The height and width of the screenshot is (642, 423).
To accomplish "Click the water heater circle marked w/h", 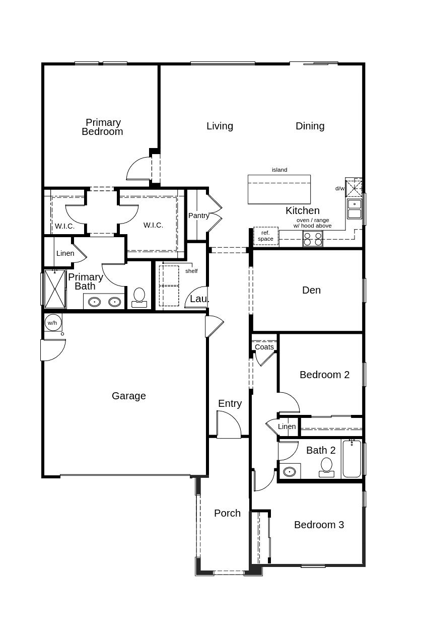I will point(52,323).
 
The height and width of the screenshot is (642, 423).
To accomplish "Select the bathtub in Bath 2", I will point(352,459).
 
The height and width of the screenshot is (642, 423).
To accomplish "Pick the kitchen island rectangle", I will point(279,189).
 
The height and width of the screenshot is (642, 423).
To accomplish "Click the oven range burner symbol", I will point(312,239).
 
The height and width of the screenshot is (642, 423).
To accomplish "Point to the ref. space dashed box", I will point(265,236).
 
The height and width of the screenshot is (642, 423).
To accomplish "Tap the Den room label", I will point(311,290).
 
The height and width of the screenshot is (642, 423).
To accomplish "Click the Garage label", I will point(129,396).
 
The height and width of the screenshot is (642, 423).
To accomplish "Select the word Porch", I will point(227,513).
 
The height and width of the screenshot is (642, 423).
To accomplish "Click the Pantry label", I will point(198,216).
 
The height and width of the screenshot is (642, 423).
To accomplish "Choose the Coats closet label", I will point(264,347).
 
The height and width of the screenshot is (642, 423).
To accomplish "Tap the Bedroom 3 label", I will point(319,525).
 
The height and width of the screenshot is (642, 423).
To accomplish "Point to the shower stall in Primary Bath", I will point(55,289).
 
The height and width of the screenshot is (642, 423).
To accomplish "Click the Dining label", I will point(310,126).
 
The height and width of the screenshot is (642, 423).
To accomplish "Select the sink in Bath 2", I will point(290,472).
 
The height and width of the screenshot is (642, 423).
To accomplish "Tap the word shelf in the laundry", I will point(191,271).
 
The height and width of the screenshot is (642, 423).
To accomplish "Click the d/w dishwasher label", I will point(340,188).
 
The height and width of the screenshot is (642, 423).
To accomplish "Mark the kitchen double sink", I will point(354,209).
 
